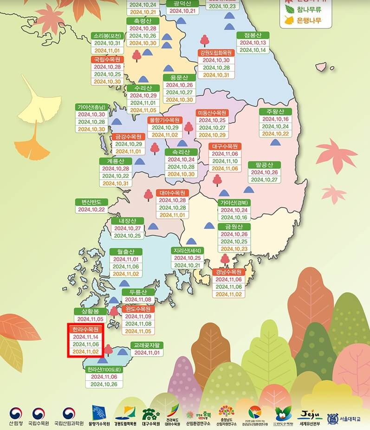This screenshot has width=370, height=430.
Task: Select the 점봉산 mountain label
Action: tap(253, 35)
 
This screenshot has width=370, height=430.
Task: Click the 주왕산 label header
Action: tap(275, 111)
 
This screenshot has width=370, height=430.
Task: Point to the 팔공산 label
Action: tap(264, 164)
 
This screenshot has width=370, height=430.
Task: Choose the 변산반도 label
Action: tap(91, 202)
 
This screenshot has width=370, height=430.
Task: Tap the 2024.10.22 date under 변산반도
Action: tap(91, 209)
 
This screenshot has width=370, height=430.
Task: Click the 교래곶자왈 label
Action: tap(147, 345)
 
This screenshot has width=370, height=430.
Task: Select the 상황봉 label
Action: tap(90, 311)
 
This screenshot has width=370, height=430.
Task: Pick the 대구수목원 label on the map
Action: tap(225, 146)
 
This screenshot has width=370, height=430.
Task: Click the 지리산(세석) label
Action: tap(187, 250)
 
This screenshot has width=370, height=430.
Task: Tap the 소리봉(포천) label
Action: tap(107, 36)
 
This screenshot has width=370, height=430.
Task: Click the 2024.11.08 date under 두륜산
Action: tap(138, 300)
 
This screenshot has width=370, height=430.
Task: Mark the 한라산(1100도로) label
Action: tap(104, 370)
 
